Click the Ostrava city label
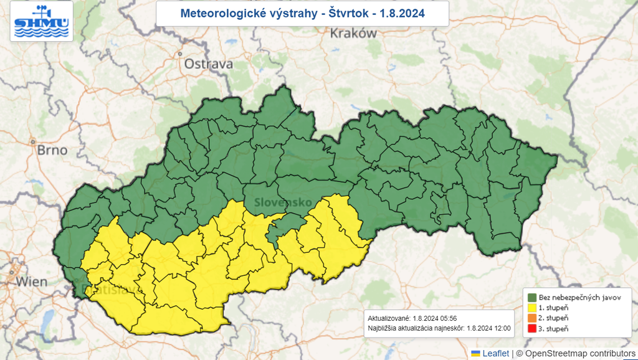208,64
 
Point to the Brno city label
52,150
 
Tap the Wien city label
31,282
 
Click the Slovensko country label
282,202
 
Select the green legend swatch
533,297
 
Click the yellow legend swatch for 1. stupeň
533,307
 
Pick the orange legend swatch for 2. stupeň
533,318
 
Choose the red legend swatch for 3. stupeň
533,328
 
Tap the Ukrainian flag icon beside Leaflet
476,354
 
